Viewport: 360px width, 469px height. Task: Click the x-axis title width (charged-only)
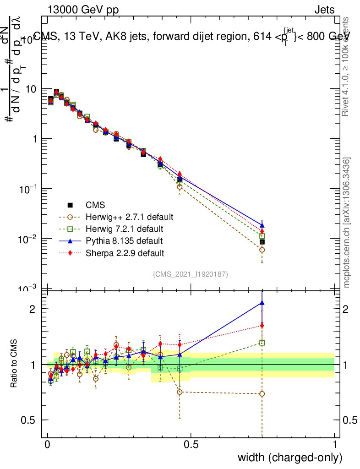289,457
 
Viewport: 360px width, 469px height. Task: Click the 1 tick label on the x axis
334,445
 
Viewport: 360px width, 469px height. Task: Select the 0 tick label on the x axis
48,445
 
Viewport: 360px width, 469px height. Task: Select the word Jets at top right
324,10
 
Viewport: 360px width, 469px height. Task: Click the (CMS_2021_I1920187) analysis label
191,274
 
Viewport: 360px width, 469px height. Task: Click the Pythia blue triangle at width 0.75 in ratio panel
262,302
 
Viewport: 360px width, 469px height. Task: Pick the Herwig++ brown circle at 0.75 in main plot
262,250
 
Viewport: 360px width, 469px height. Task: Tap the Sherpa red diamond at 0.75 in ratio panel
262,326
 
